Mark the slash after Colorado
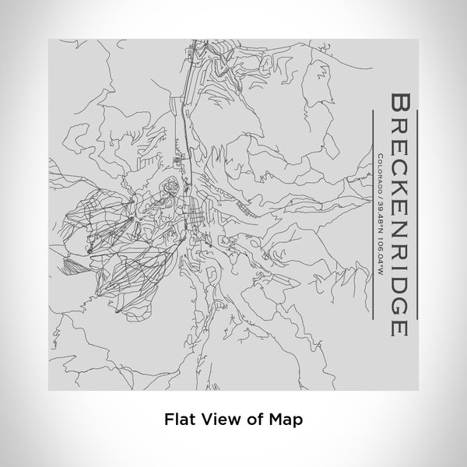coord(380,192)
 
